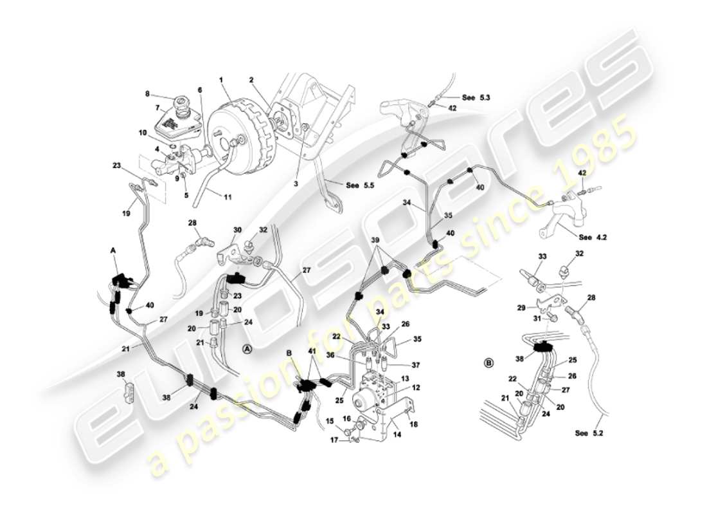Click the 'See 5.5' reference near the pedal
[x=361, y=185]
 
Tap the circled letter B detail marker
[x=488, y=362]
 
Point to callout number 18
[x=412, y=424]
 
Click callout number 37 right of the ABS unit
[x=416, y=365]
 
